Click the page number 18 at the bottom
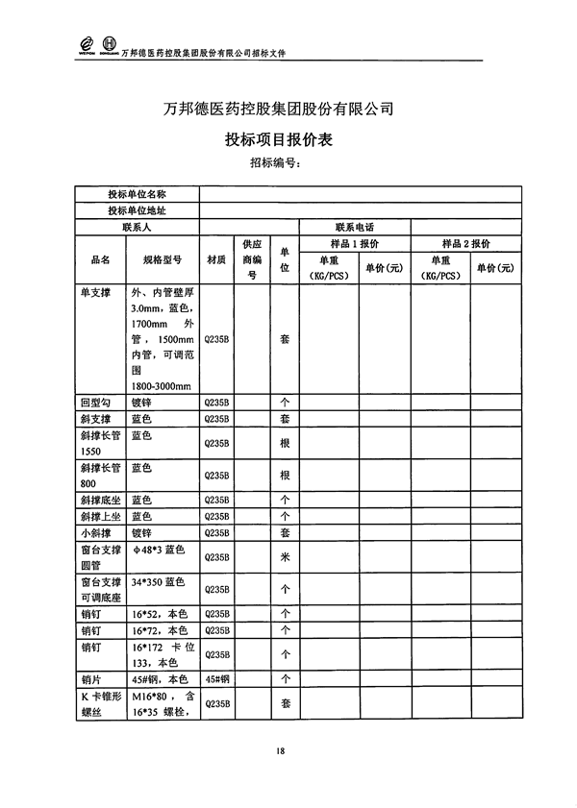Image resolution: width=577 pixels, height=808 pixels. tap(279, 750)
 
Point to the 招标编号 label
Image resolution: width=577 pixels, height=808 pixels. tap(275, 162)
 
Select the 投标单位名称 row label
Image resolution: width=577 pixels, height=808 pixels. tap(137, 194)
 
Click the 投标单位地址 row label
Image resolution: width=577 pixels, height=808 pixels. tap(137, 210)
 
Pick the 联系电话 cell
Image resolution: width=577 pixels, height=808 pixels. tap(355, 227)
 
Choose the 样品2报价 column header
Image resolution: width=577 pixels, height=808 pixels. tap(466, 243)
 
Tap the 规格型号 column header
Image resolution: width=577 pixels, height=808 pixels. tap(163, 259)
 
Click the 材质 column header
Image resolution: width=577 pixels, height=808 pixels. tap(216, 259)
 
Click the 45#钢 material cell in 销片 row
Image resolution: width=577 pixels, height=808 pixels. tap(216, 677)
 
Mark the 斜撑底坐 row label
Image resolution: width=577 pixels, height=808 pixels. tap(101, 500)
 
